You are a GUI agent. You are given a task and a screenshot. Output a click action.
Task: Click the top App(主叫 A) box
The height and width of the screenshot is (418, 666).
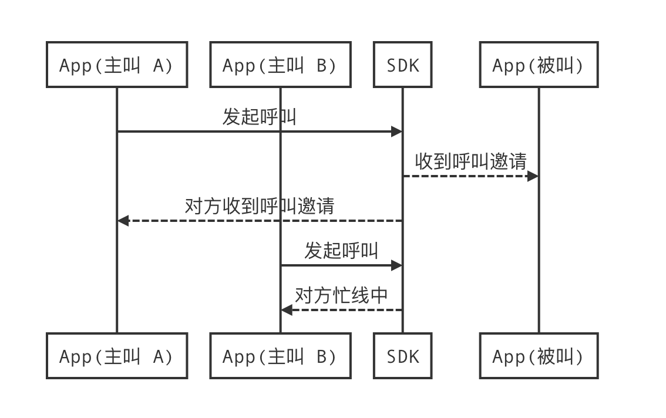(x=117, y=65)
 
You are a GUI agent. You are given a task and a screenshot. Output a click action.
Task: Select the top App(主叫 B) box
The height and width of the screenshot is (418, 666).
(x=280, y=65)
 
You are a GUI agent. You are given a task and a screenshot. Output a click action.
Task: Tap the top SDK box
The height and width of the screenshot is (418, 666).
(x=403, y=65)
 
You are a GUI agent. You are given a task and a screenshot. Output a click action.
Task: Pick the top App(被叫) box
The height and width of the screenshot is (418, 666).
(x=539, y=65)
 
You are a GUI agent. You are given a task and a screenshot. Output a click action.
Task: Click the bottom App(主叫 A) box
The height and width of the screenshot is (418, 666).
(x=117, y=356)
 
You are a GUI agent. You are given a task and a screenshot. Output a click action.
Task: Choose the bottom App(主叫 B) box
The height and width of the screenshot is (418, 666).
(x=280, y=356)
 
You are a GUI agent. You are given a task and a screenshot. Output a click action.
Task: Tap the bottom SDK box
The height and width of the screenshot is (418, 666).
(x=403, y=356)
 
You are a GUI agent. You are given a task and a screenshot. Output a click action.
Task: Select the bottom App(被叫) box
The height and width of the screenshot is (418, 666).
(x=539, y=356)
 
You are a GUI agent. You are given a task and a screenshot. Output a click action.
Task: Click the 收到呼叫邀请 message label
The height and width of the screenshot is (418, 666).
(x=470, y=161)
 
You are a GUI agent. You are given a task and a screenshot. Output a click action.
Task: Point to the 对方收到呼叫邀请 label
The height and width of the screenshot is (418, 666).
(x=260, y=205)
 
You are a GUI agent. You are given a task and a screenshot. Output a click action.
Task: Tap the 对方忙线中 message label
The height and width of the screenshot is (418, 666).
(x=341, y=295)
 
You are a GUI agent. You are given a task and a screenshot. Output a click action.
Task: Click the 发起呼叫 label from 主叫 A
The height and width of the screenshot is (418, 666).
(x=259, y=116)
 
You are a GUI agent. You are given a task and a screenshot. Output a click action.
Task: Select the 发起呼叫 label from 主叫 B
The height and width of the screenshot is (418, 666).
(x=341, y=250)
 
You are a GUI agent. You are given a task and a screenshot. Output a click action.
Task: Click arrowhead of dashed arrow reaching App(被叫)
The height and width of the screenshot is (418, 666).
(x=533, y=176)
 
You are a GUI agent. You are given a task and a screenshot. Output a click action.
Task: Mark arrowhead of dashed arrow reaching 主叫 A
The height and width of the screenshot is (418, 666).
(x=123, y=221)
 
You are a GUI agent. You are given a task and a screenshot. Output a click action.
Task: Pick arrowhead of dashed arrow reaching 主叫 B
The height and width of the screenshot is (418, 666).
(x=286, y=310)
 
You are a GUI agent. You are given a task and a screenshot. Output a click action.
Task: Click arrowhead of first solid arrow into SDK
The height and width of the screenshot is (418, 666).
(x=397, y=132)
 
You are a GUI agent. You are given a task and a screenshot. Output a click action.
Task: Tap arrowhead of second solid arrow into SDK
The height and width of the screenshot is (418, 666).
(x=397, y=265)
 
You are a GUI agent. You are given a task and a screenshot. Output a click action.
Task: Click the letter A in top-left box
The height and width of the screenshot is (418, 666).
(x=159, y=65)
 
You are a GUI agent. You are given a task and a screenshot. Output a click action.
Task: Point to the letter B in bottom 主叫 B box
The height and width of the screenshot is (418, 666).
(x=322, y=356)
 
